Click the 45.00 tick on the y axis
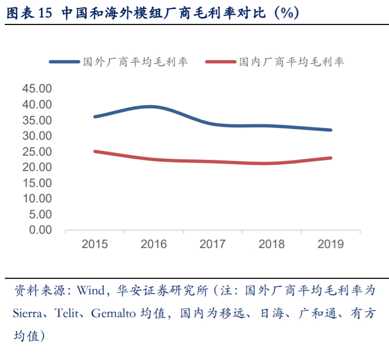tap(37, 89)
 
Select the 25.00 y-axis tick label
tap(37, 152)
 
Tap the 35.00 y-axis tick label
tap(37, 121)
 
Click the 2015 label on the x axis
tap(95, 244)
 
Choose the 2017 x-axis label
tap(213, 244)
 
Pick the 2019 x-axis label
tap(331, 244)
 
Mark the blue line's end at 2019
tap(331, 130)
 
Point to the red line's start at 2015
tap(95, 151)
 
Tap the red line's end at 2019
tap(331, 158)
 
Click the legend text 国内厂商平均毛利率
tap(291, 62)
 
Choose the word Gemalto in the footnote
tap(113, 313)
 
